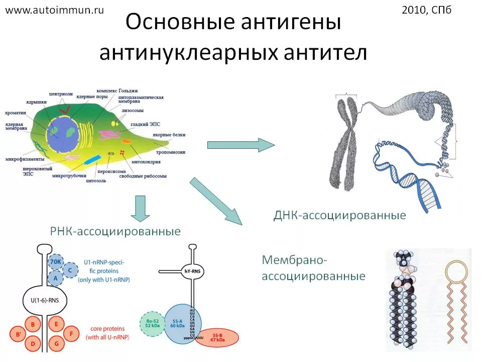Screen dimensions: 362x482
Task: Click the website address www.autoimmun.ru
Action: (54, 10)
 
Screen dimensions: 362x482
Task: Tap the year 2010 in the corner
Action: (415, 10)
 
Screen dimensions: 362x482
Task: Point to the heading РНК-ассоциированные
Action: (115, 231)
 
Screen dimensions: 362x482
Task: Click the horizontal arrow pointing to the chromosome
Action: (241, 145)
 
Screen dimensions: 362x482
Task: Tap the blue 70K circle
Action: (56, 262)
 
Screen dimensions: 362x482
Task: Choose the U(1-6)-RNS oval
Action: (45, 302)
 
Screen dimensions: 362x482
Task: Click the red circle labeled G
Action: (56, 343)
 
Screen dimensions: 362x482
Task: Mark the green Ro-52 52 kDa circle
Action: (152, 323)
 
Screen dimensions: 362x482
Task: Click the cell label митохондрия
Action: (145, 162)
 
